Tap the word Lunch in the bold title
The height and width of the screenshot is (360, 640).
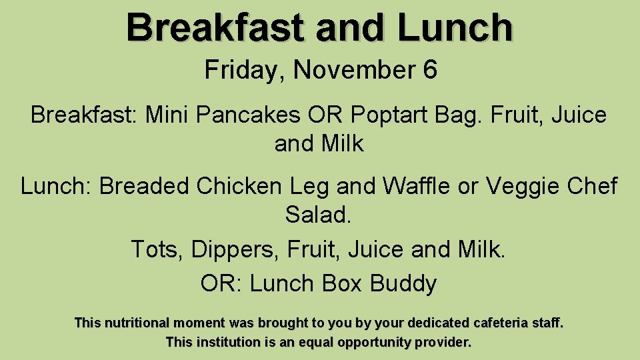pyautogui.click(x=455, y=28)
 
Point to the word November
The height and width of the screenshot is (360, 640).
pyautogui.click(x=355, y=69)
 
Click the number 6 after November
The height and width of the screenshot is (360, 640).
pyautogui.click(x=430, y=69)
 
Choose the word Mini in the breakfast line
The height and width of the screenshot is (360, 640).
pyautogui.click(x=167, y=115)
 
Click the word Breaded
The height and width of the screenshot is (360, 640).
pyautogui.click(x=144, y=186)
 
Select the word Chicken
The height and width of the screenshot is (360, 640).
pyautogui.click(x=239, y=186)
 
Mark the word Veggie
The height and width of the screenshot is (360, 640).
pyautogui.click(x=523, y=186)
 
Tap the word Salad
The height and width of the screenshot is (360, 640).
pyautogui.click(x=318, y=215)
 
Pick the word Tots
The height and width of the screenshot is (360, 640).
pyautogui.click(x=157, y=249)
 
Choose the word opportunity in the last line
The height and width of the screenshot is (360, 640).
pyautogui.click(x=375, y=343)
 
